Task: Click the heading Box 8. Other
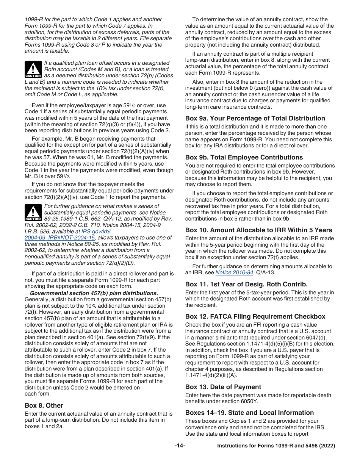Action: [44, 405]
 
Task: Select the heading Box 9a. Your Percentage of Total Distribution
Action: [255, 118]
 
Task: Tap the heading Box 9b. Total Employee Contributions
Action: [244, 157]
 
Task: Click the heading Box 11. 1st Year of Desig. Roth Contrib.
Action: [246, 284]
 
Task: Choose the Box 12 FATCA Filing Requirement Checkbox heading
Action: [255, 316]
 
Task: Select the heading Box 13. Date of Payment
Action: [223, 387]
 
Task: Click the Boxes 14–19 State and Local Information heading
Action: [249, 413]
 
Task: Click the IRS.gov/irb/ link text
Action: [96, 231]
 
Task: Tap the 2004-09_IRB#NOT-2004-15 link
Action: [59, 238]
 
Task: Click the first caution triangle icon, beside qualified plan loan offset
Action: [33, 69]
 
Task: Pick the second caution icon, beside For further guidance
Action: [33, 213]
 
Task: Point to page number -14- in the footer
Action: [180, 446]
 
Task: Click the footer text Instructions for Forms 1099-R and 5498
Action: [276, 446]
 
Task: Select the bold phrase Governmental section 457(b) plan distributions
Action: [94, 293]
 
